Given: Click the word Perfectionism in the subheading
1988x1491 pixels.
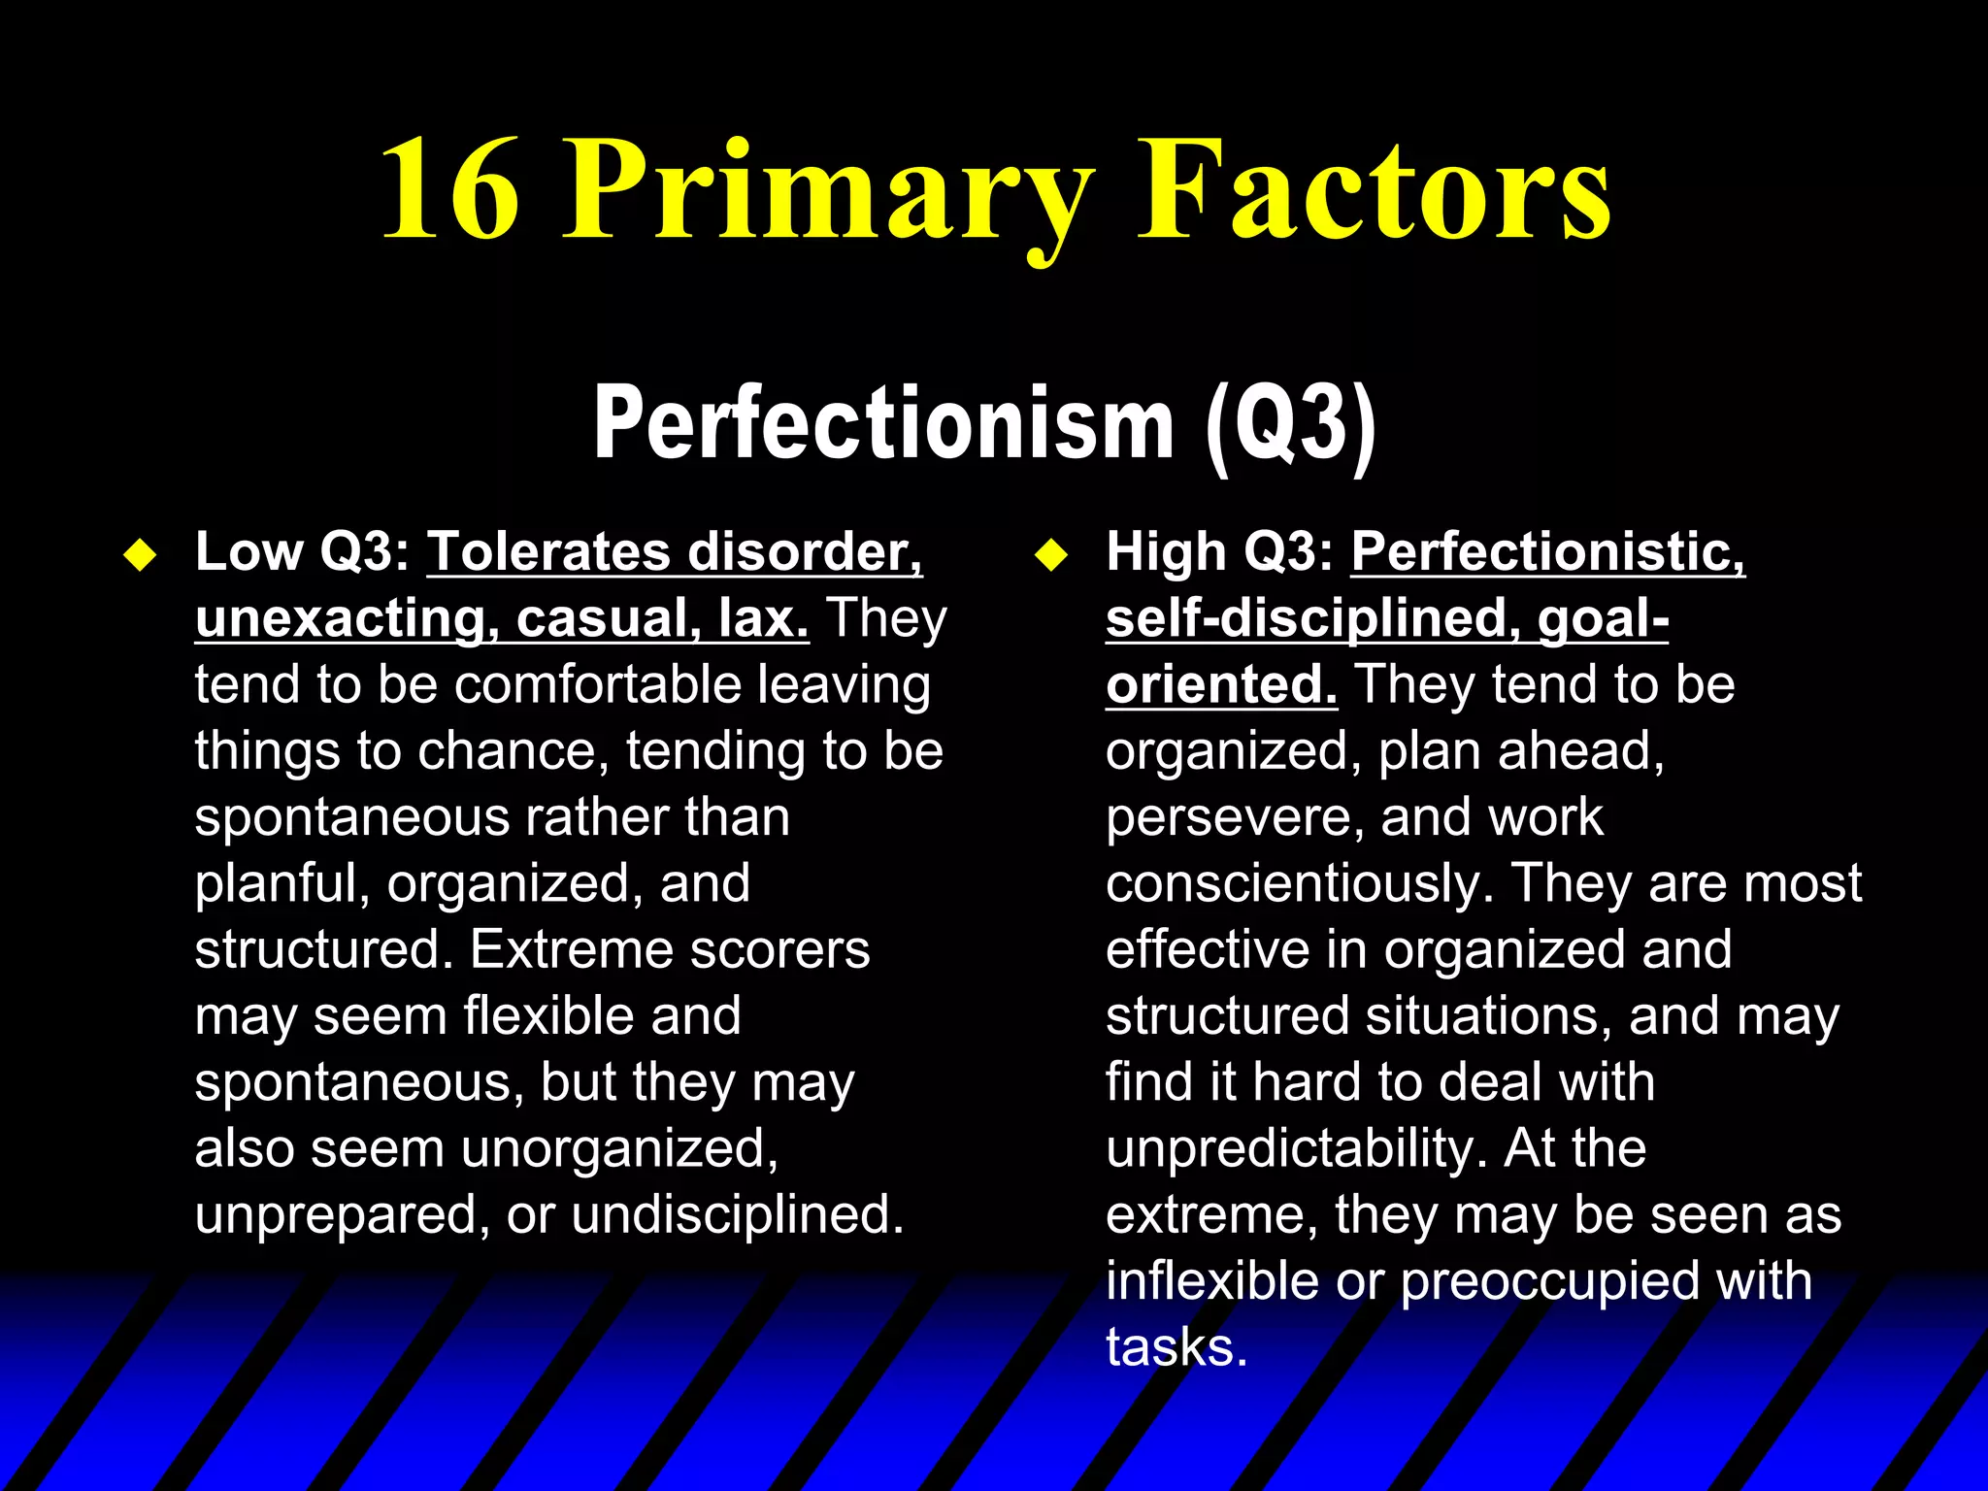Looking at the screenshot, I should [883, 424].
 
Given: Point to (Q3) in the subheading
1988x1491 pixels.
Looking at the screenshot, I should [1290, 424].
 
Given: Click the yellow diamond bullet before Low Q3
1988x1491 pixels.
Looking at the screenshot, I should [141, 556].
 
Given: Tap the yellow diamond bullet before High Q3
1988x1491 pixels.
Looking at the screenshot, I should [1051, 556].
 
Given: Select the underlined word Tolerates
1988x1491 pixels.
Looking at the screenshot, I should [548, 552].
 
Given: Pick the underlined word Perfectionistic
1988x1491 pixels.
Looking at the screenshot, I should [1547, 552].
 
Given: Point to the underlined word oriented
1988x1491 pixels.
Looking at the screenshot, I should [1221, 684].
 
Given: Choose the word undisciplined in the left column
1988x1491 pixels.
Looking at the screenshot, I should [738, 1214].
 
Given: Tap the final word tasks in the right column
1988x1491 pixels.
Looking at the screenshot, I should [1176, 1348].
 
